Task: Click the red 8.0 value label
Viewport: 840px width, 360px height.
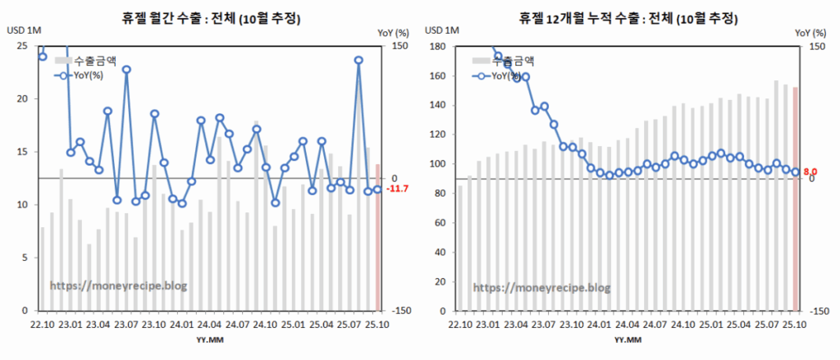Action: click(810, 172)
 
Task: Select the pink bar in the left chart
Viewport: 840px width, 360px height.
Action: click(377, 238)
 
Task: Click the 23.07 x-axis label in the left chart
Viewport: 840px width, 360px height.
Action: click(126, 324)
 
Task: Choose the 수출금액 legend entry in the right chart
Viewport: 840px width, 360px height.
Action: click(503, 61)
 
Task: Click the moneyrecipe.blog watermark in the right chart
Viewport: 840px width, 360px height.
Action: click(541, 287)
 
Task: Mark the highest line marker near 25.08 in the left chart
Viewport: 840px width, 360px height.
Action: click(358, 60)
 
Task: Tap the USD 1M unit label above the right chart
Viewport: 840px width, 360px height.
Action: click(442, 31)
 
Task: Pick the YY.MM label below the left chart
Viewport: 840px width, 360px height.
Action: click(207, 338)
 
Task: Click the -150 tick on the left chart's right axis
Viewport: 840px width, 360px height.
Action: click(401, 311)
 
